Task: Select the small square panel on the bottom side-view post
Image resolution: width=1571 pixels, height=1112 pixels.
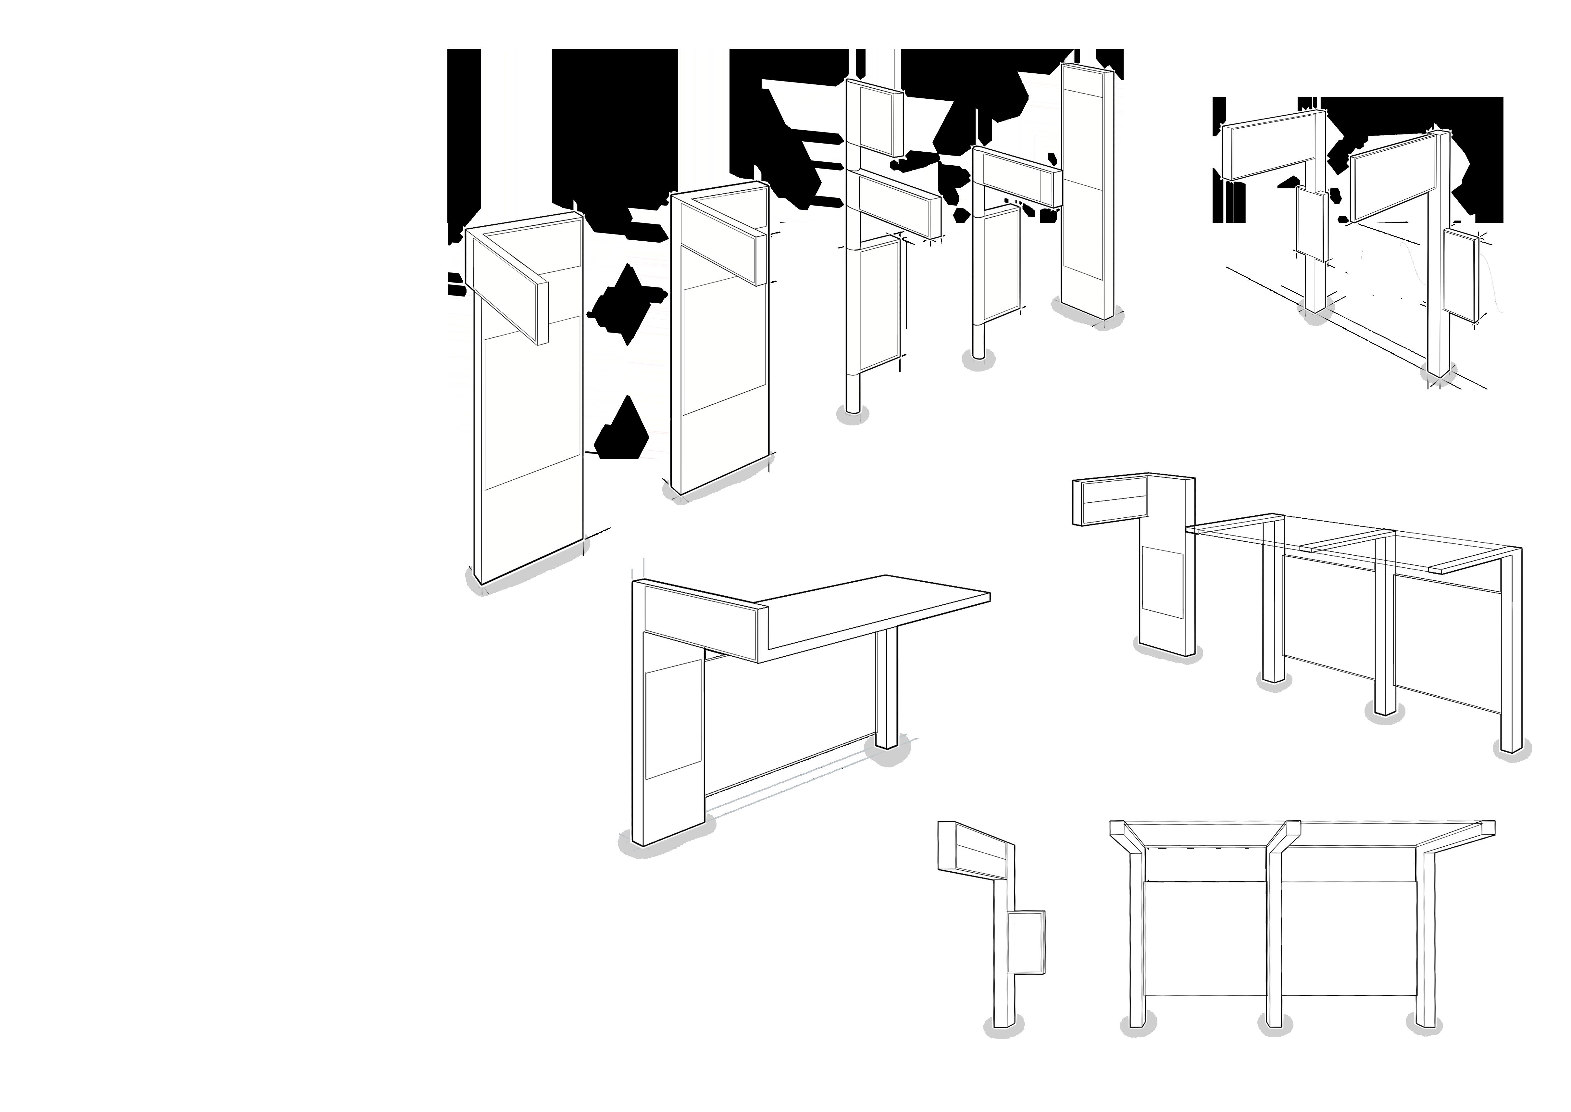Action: (1027, 941)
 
